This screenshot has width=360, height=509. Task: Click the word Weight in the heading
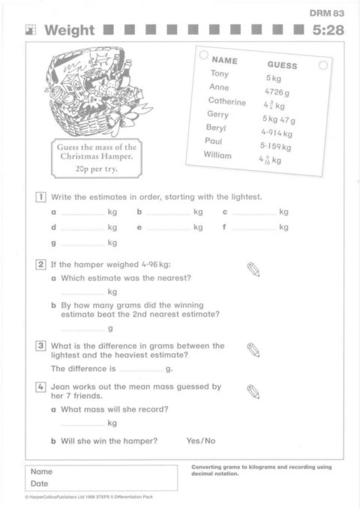pyautogui.click(x=70, y=30)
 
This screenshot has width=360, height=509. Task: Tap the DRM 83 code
pyautogui.click(x=326, y=13)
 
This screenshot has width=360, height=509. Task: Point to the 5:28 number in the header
pyautogui.click(x=328, y=30)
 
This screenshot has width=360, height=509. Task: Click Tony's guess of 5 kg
pyautogui.click(x=274, y=78)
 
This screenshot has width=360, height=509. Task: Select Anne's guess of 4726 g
pyautogui.click(x=277, y=92)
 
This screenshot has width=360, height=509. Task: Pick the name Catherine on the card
pyautogui.click(x=227, y=101)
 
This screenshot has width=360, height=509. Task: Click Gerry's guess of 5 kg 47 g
pyautogui.click(x=279, y=120)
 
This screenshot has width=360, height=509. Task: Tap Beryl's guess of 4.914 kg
pyautogui.click(x=277, y=133)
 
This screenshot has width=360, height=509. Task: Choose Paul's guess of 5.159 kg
pyautogui.click(x=275, y=146)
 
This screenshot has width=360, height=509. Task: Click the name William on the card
pyautogui.click(x=217, y=155)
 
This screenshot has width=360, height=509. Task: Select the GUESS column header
pyautogui.click(x=282, y=65)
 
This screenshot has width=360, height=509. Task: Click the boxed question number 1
pyautogui.click(x=40, y=197)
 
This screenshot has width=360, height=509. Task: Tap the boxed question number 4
pyautogui.click(x=40, y=387)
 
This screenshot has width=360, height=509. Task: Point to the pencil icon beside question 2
pyautogui.click(x=253, y=269)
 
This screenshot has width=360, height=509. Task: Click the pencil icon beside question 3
pyautogui.click(x=253, y=350)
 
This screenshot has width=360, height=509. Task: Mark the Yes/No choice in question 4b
pyautogui.click(x=201, y=441)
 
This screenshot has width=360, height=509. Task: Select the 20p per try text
pyautogui.click(x=97, y=169)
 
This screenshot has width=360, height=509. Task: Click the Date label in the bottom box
pyautogui.click(x=39, y=484)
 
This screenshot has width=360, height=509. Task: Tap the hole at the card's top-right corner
pyautogui.click(x=323, y=65)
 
